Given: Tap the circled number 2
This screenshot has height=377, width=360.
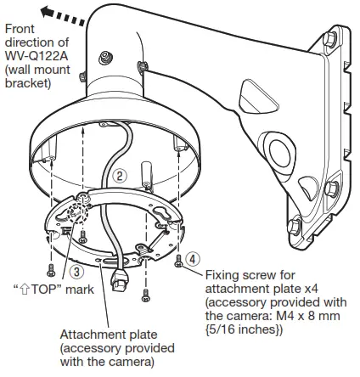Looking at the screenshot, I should click(121, 177).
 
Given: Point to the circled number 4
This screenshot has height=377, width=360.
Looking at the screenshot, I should click(194, 256).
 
